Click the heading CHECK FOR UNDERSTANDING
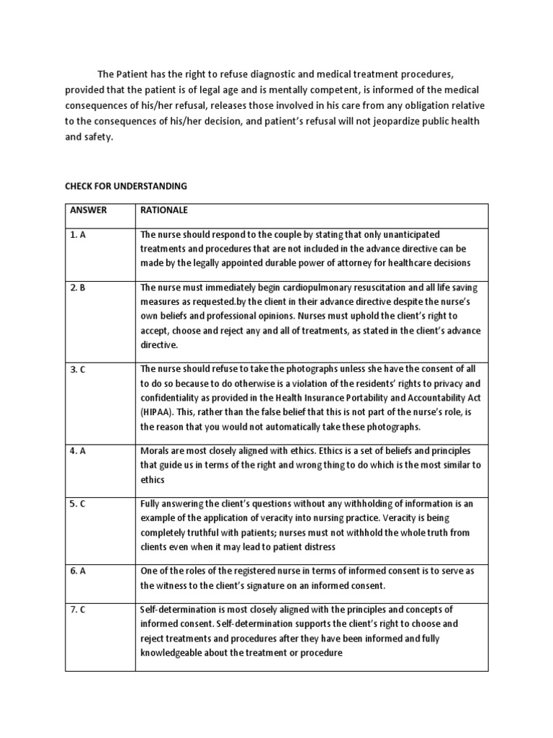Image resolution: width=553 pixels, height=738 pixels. tap(126, 186)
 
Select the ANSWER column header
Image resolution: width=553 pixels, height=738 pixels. tap(89, 210)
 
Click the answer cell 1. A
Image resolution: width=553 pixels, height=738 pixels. tap(78, 235)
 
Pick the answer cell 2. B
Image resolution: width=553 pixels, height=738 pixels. tap(78, 288)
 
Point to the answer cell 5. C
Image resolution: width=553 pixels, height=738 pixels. tap(78, 504)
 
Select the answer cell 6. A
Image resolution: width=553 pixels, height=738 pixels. tap(78, 571)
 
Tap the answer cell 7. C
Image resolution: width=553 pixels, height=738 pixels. tap(78, 610)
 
